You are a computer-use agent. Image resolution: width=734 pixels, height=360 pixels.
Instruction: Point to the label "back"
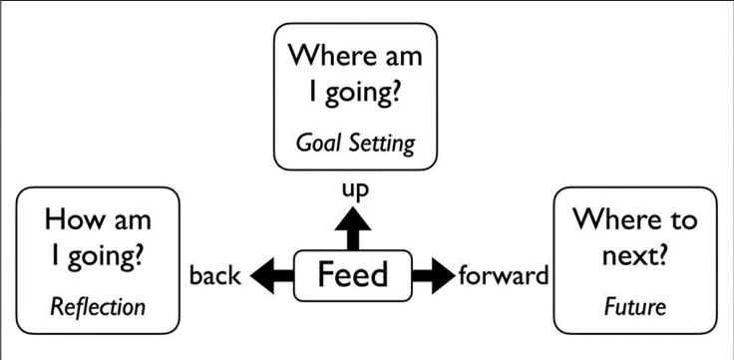(x=214, y=275)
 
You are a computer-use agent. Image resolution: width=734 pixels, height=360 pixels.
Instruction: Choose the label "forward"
(x=504, y=274)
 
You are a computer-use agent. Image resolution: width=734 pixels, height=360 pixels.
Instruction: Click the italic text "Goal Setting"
(x=355, y=142)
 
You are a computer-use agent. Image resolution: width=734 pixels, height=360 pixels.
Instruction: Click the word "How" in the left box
(x=74, y=218)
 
